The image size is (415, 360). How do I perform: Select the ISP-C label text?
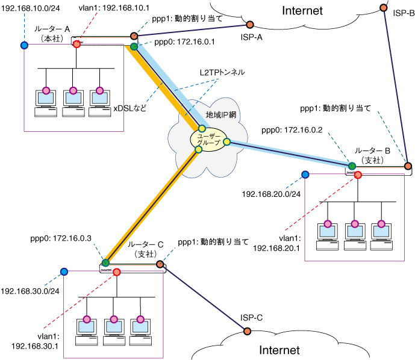(252, 318)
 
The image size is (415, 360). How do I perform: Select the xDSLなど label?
(129, 108)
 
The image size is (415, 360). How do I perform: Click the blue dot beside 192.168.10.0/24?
(24, 45)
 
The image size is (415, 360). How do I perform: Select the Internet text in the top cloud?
(302, 10)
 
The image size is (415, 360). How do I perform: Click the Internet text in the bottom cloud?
(279, 350)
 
